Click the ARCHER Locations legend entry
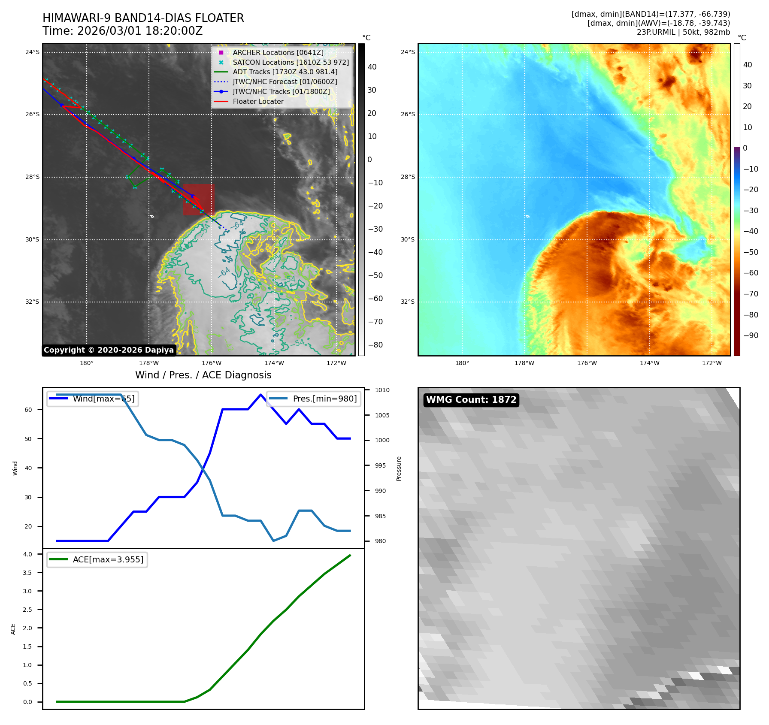click(278, 52)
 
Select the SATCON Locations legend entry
click(291, 62)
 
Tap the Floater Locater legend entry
click(258, 101)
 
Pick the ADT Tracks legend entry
click(285, 72)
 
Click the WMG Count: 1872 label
click(471, 400)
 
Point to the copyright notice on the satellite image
click(109, 350)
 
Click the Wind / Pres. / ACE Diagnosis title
click(203, 375)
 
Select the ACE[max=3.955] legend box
click(97, 559)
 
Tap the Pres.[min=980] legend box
click(314, 399)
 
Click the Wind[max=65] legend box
click(93, 399)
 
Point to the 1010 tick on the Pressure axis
click(382, 390)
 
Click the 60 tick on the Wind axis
click(28, 410)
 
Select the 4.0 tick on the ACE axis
click(27, 554)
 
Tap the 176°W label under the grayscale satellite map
click(212, 363)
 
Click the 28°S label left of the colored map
click(408, 177)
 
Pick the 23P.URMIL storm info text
click(683, 32)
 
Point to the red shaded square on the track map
click(199, 199)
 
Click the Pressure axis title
click(399, 468)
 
